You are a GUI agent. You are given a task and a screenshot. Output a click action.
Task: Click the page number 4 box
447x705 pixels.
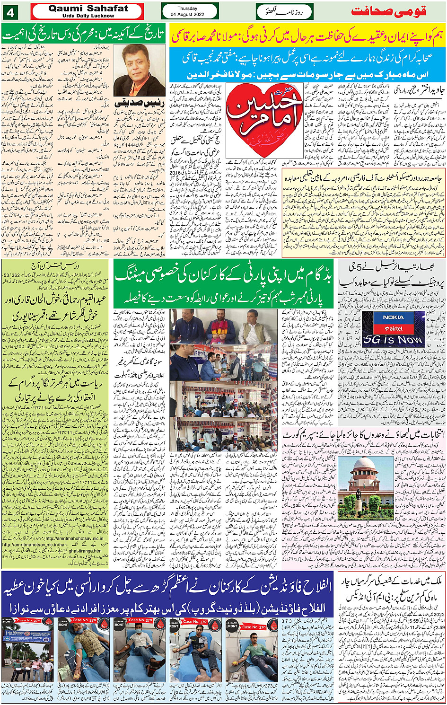[10, 11]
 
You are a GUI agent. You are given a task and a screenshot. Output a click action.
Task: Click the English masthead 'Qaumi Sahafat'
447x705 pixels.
[88, 8]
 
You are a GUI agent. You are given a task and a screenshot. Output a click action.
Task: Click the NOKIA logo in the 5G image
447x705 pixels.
[393, 317]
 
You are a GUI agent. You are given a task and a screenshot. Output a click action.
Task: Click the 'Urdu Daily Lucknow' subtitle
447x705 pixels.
[88, 16]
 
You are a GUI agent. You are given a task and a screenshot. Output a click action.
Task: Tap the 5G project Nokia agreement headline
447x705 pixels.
[392, 274]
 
